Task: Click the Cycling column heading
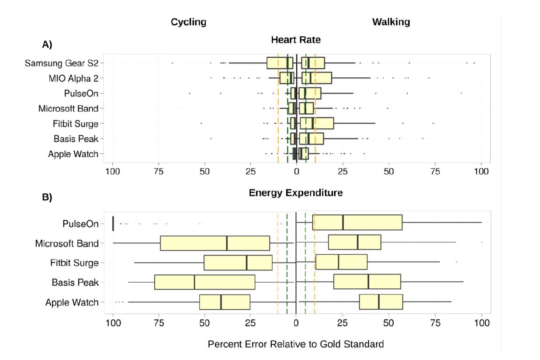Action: tap(188, 22)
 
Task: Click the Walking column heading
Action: tap(391, 22)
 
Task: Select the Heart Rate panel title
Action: tap(296, 40)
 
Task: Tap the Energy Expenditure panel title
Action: tap(296, 193)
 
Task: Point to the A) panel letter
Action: tap(47, 45)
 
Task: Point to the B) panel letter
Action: tap(47, 197)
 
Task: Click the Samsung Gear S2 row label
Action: tap(62, 63)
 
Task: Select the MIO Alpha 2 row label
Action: tap(73, 78)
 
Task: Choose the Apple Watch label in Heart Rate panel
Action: tap(73, 154)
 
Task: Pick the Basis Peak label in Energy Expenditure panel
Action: tap(75, 282)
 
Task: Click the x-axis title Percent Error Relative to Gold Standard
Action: tap(296, 344)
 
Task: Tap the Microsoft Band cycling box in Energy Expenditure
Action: tap(215, 243)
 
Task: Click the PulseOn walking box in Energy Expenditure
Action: tap(357, 222)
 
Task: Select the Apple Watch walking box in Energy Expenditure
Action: tap(381, 301)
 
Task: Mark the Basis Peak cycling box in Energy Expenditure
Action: tap(204, 282)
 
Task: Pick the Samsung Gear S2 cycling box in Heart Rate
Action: tap(280, 63)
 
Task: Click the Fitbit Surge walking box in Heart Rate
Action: tap(317, 123)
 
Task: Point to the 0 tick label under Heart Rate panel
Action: tap(297, 171)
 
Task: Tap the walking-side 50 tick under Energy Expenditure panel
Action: tap(388, 323)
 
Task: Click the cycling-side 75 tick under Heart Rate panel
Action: tap(159, 171)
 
